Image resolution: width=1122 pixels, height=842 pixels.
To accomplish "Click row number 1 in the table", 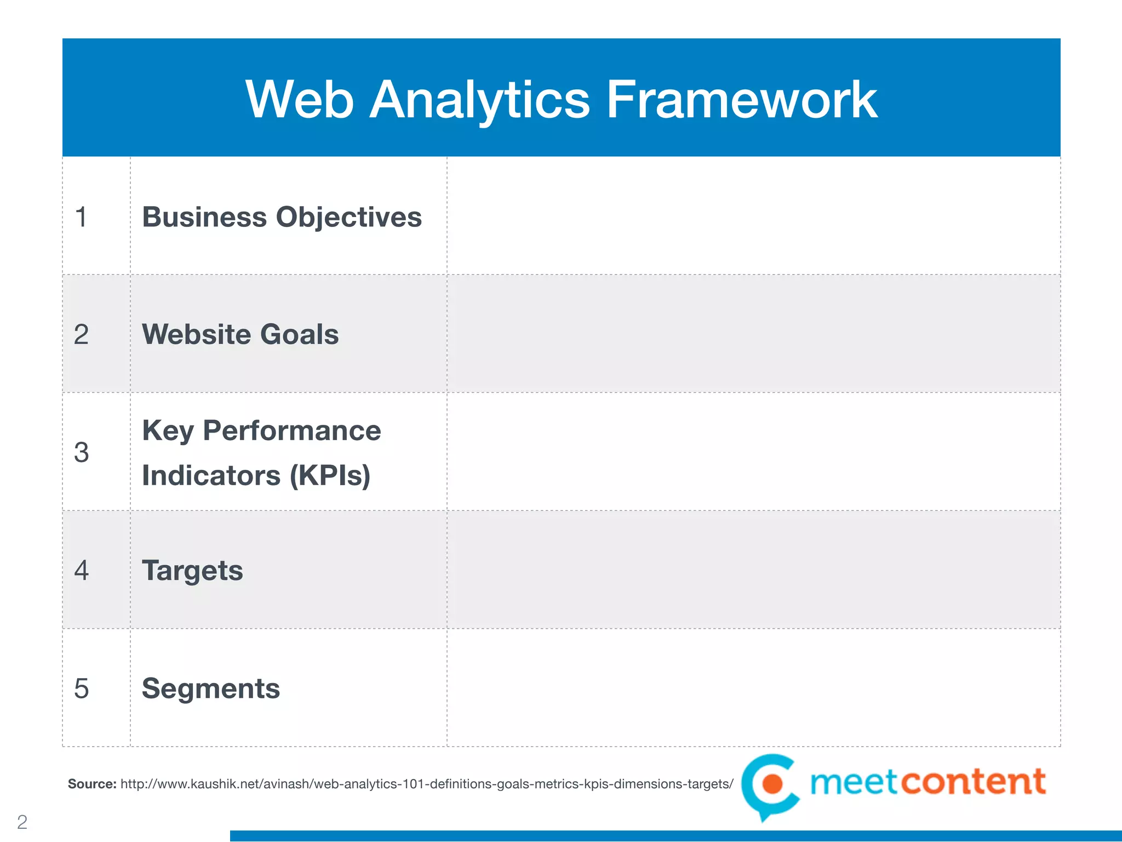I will (x=81, y=217).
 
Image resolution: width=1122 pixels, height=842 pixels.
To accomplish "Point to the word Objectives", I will (x=349, y=217).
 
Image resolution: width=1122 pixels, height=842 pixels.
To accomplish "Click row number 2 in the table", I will (x=81, y=334).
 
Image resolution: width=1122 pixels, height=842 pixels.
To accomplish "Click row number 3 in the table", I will (x=81, y=453).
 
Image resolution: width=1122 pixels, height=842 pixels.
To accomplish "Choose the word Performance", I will (x=291, y=430).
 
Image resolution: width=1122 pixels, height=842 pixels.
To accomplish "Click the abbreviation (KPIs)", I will (x=330, y=475).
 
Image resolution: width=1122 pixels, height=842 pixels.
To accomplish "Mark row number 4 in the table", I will (x=81, y=571).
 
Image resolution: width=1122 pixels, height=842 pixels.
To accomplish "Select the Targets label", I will (x=192, y=571).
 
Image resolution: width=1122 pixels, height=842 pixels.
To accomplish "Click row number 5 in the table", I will (x=81, y=689).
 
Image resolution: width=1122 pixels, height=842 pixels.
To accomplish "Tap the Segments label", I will (x=211, y=689).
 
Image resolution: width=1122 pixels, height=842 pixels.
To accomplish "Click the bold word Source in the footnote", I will (x=91, y=784).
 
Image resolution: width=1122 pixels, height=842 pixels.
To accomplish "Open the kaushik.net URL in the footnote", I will (x=426, y=784).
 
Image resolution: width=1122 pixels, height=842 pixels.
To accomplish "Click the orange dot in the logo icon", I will (x=773, y=783).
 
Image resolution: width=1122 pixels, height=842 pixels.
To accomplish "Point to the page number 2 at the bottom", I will (x=22, y=822).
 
